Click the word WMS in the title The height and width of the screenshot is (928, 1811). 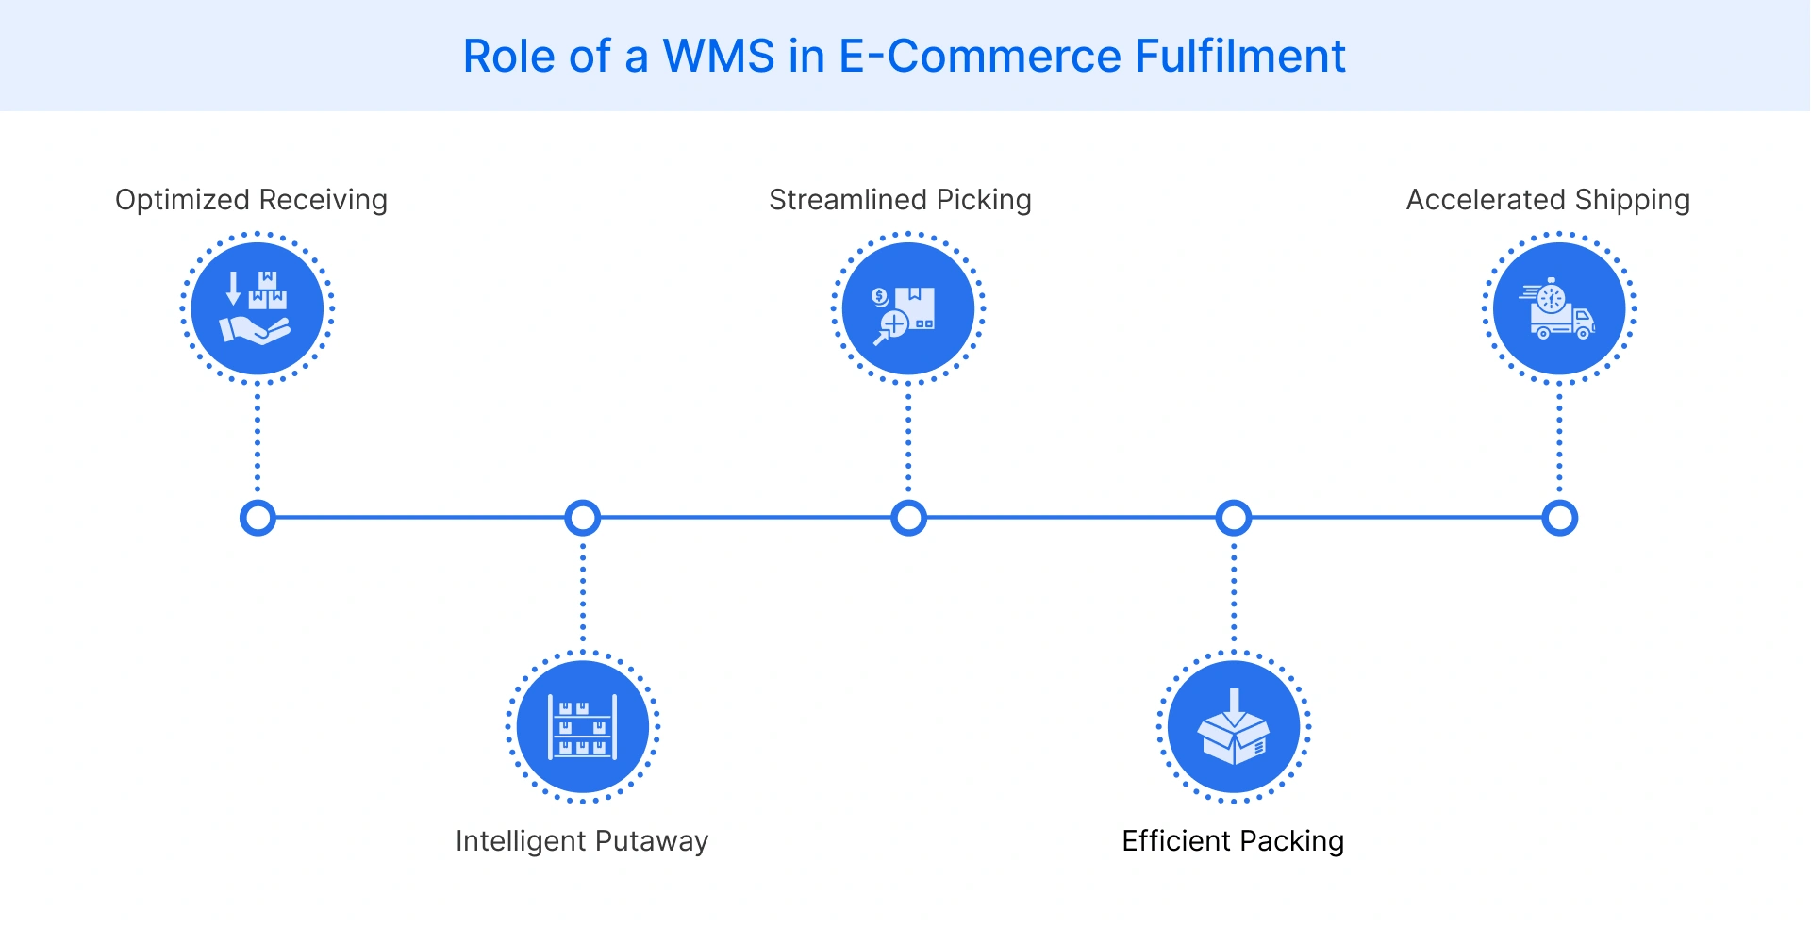[719, 57]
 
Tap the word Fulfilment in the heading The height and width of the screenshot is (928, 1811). [1239, 57]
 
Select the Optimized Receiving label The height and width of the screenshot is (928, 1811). [251, 200]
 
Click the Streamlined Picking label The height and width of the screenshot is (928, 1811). [900, 200]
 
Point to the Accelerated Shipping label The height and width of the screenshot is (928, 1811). [1548, 200]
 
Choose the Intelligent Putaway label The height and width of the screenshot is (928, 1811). [581, 840]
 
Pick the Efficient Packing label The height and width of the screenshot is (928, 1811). [1232, 840]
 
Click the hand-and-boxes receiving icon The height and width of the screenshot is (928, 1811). [257, 308]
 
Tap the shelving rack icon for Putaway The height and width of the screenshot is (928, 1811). [583, 727]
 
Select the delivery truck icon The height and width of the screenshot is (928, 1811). [1559, 309]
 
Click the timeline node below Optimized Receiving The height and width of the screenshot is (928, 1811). [258, 518]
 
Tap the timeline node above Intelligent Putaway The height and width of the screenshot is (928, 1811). [583, 518]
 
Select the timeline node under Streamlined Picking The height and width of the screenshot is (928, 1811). [908, 518]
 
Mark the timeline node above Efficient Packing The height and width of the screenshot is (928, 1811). [1234, 518]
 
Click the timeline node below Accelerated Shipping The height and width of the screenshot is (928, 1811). [1559, 518]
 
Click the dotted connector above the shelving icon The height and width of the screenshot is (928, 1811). [583, 594]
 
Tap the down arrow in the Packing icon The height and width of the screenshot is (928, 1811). [1234, 703]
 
